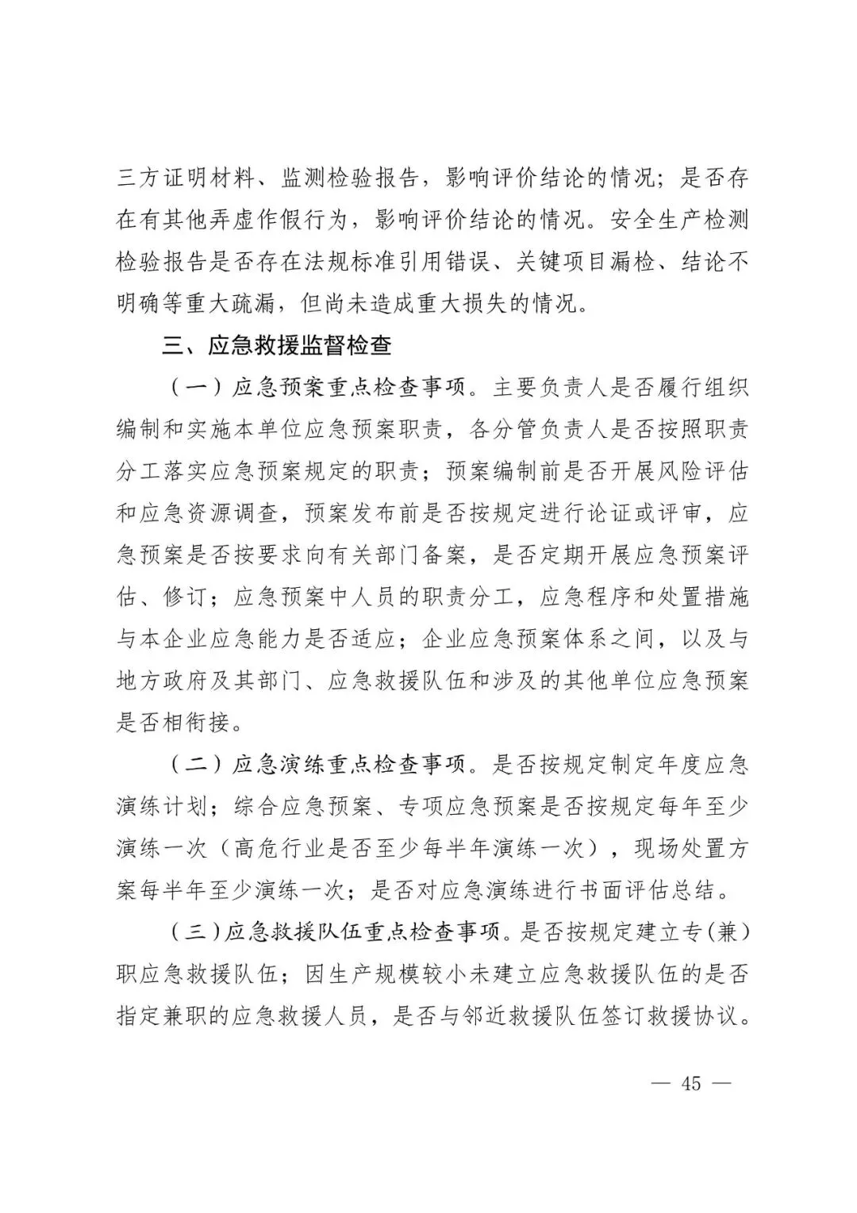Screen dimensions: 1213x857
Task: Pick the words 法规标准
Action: [373, 262]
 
